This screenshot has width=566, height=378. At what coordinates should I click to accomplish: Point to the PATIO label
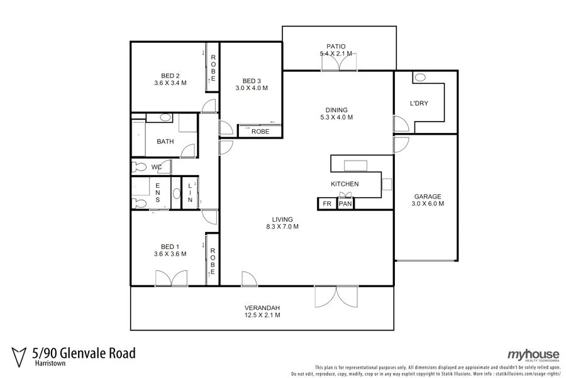click(x=336, y=46)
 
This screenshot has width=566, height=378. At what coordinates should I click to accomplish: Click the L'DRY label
click(x=419, y=103)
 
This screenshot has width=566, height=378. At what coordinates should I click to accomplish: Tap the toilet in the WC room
click(x=138, y=167)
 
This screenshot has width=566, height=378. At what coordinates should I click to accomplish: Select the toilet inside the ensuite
click(x=140, y=202)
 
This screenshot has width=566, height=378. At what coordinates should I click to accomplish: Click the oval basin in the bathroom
click(x=165, y=118)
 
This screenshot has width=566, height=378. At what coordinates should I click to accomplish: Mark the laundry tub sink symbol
click(x=420, y=77)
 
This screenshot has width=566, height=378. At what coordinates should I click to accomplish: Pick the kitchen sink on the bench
click(x=355, y=166)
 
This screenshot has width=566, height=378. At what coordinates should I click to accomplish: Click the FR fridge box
click(x=326, y=204)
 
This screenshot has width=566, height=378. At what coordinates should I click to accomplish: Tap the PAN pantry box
click(x=345, y=204)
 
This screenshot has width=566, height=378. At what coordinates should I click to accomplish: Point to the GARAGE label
click(x=427, y=196)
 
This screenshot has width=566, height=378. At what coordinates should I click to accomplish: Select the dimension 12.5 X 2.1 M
click(x=262, y=315)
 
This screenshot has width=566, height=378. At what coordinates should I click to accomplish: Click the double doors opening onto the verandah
click(x=336, y=297)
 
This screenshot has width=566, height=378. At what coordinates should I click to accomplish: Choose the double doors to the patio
click(x=339, y=62)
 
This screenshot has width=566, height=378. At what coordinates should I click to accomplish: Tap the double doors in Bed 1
click(x=171, y=278)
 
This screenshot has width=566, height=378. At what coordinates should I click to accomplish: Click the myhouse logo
click(x=533, y=355)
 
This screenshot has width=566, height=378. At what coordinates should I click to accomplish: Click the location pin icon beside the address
click(x=20, y=355)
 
